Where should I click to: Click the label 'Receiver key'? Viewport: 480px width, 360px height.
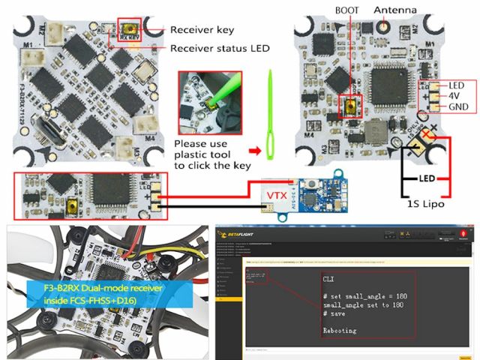202,30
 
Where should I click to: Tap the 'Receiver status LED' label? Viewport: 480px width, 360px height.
220,48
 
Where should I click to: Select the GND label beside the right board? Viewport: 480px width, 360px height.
457,108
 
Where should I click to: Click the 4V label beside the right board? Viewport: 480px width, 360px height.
455,97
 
